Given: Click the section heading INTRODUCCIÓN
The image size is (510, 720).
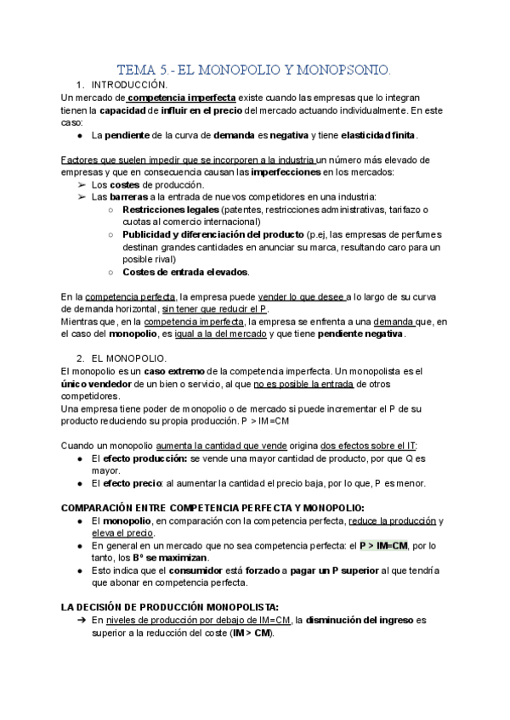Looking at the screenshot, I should click(128, 85).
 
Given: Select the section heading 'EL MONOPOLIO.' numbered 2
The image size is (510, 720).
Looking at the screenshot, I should click(128, 359).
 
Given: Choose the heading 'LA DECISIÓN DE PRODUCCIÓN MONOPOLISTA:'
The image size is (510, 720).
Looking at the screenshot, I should click(170, 607).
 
